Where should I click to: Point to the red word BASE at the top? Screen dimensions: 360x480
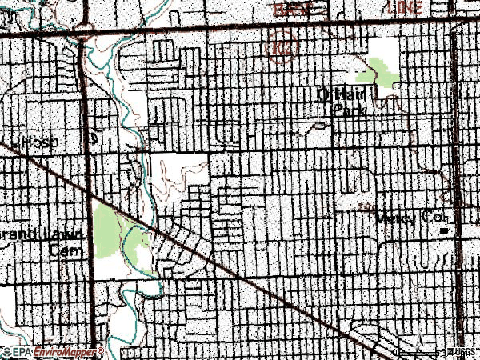point(291,8)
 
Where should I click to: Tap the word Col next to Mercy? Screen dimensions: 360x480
point(439,218)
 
